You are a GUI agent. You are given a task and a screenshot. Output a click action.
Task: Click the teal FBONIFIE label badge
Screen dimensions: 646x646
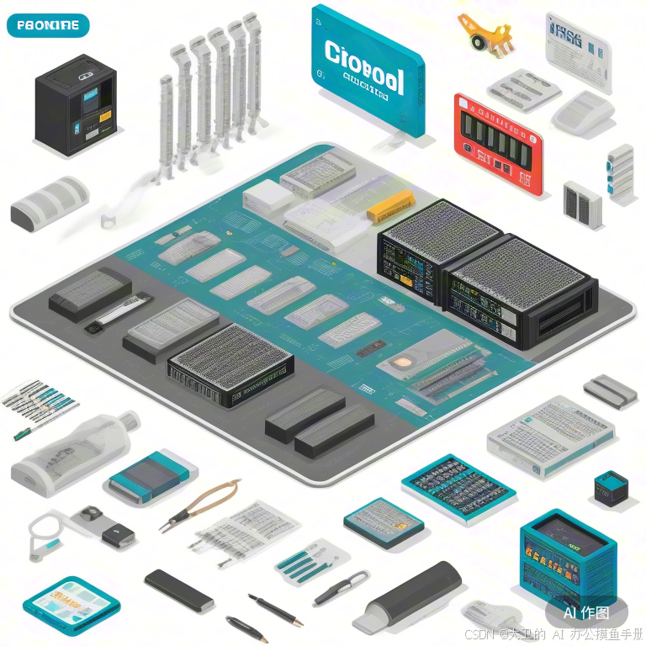tap(47, 25)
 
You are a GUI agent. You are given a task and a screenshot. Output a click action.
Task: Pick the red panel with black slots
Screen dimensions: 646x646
tap(498, 142)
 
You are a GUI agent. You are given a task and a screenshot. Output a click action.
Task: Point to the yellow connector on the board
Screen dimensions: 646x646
tap(391, 205)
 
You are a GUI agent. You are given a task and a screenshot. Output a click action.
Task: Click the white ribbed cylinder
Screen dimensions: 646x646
tap(50, 202)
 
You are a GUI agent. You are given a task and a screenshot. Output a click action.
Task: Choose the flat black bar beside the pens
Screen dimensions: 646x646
tap(178, 590)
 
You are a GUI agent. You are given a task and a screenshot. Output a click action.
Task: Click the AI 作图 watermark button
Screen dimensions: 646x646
tap(586, 612)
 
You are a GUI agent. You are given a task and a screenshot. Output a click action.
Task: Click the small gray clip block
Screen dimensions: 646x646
tap(610, 389)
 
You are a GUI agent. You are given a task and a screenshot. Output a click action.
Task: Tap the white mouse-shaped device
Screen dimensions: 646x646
tap(584, 114)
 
